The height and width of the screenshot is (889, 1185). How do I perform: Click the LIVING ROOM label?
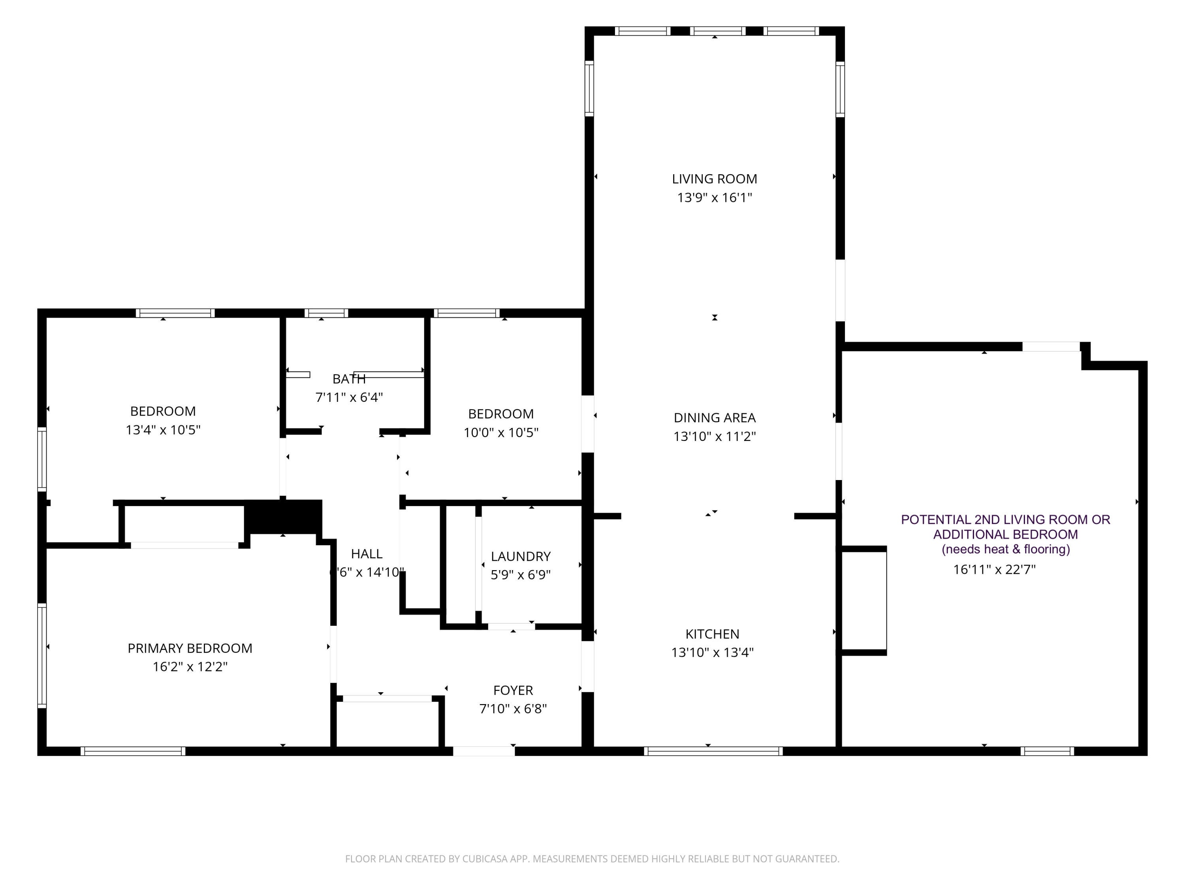[x=715, y=179]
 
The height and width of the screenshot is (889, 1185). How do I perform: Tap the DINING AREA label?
[x=715, y=418]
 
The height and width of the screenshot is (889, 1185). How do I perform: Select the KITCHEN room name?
[x=713, y=634]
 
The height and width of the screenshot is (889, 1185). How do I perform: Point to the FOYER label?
[x=513, y=690]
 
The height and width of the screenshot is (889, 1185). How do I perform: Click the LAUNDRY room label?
[x=521, y=556]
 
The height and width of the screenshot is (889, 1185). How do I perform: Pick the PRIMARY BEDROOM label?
[x=190, y=648]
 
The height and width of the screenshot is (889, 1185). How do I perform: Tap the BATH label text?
[x=349, y=379]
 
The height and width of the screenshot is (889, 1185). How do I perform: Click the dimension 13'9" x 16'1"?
[x=715, y=198]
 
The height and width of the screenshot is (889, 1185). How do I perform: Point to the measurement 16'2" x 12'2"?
[x=190, y=667]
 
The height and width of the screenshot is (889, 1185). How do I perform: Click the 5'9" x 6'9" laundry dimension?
[x=521, y=574]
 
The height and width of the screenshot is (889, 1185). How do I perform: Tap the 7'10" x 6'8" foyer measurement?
[x=513, y=708]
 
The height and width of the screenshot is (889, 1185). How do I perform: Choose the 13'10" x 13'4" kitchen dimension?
[x=713, y=652]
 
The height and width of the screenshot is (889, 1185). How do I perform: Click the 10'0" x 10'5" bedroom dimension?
[x=501, y=432]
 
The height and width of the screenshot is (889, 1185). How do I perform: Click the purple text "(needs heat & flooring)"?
[x=1006, y=549]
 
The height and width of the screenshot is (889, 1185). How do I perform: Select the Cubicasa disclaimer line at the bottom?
[x=592, y=859]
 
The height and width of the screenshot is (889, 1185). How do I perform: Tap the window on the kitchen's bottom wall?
[x=713, y=751]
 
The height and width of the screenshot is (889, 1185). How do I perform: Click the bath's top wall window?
[x=326, y=313]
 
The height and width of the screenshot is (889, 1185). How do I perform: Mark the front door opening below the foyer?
[x=484, y=751]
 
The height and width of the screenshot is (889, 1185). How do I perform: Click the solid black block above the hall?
[x=283, y=516]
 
